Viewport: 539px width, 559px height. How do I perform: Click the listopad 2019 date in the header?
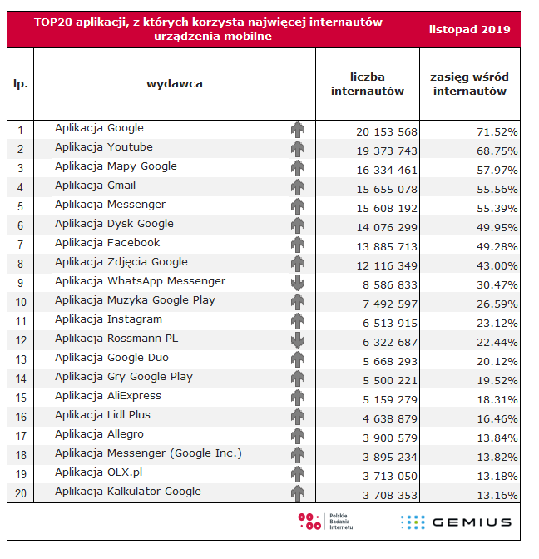(x=470, y=30)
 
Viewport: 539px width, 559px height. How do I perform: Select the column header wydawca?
(x=175, y=83)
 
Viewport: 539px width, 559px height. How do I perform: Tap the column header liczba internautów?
(x=368, y=84)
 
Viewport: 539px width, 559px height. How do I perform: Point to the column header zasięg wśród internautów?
(x=470, y=84)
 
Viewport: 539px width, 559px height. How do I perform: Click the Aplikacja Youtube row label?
(x=104, y=147)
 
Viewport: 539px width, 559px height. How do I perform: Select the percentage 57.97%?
(x=495, y=170)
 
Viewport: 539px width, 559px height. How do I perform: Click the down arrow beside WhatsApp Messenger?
(x=298, y=282)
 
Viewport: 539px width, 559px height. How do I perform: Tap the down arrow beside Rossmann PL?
(x=298, y=339)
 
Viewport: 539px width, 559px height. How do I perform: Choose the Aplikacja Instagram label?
(x=108, y=319)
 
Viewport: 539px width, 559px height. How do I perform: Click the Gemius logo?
(x=456, y=522)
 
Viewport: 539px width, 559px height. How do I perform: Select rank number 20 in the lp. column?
(x=21, y=493)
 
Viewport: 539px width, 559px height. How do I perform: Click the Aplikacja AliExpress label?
(x=108, y=396)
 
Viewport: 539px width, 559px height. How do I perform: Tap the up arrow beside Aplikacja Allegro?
(x=298, y=436)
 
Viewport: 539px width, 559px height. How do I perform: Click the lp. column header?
(x=21, y=84)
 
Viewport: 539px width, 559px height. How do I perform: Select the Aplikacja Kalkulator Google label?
(x=128, y=492)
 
